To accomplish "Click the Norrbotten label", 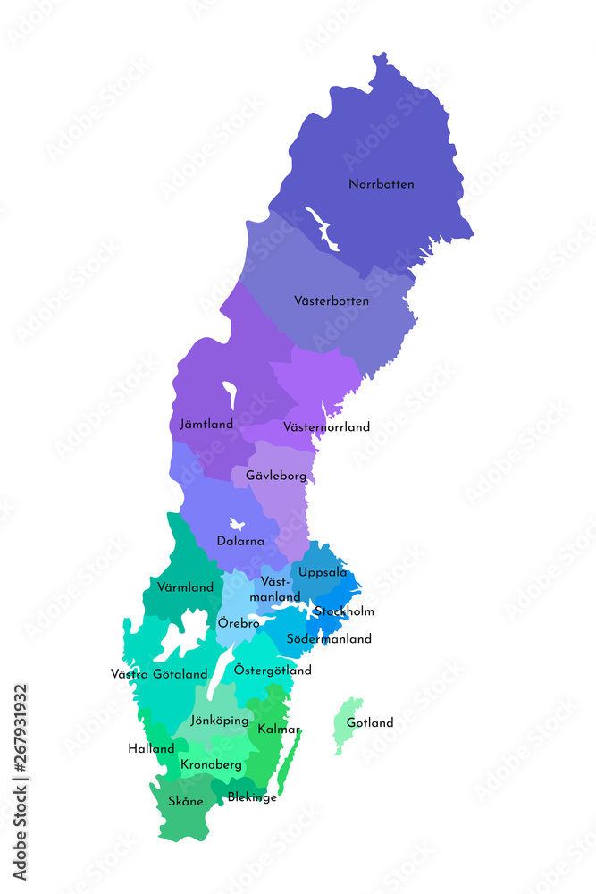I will click(382, 184).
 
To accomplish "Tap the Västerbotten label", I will click(332, 301).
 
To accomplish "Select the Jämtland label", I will click(206, 425).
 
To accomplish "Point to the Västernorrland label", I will click(326, 427).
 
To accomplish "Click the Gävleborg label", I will click(276, 476).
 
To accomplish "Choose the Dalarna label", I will click(240, 541).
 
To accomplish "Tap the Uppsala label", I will click(323, 572).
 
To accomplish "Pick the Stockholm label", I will click(344, 611).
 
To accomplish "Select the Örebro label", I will click(239, 622).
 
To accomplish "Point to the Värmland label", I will click(185, 587).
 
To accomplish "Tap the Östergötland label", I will click(273, 670).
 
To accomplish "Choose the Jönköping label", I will click(220, 720).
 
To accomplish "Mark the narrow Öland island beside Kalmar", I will click(290, 762).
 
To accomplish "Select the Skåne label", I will click(186, 801).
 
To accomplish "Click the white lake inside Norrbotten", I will click(322, 228).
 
